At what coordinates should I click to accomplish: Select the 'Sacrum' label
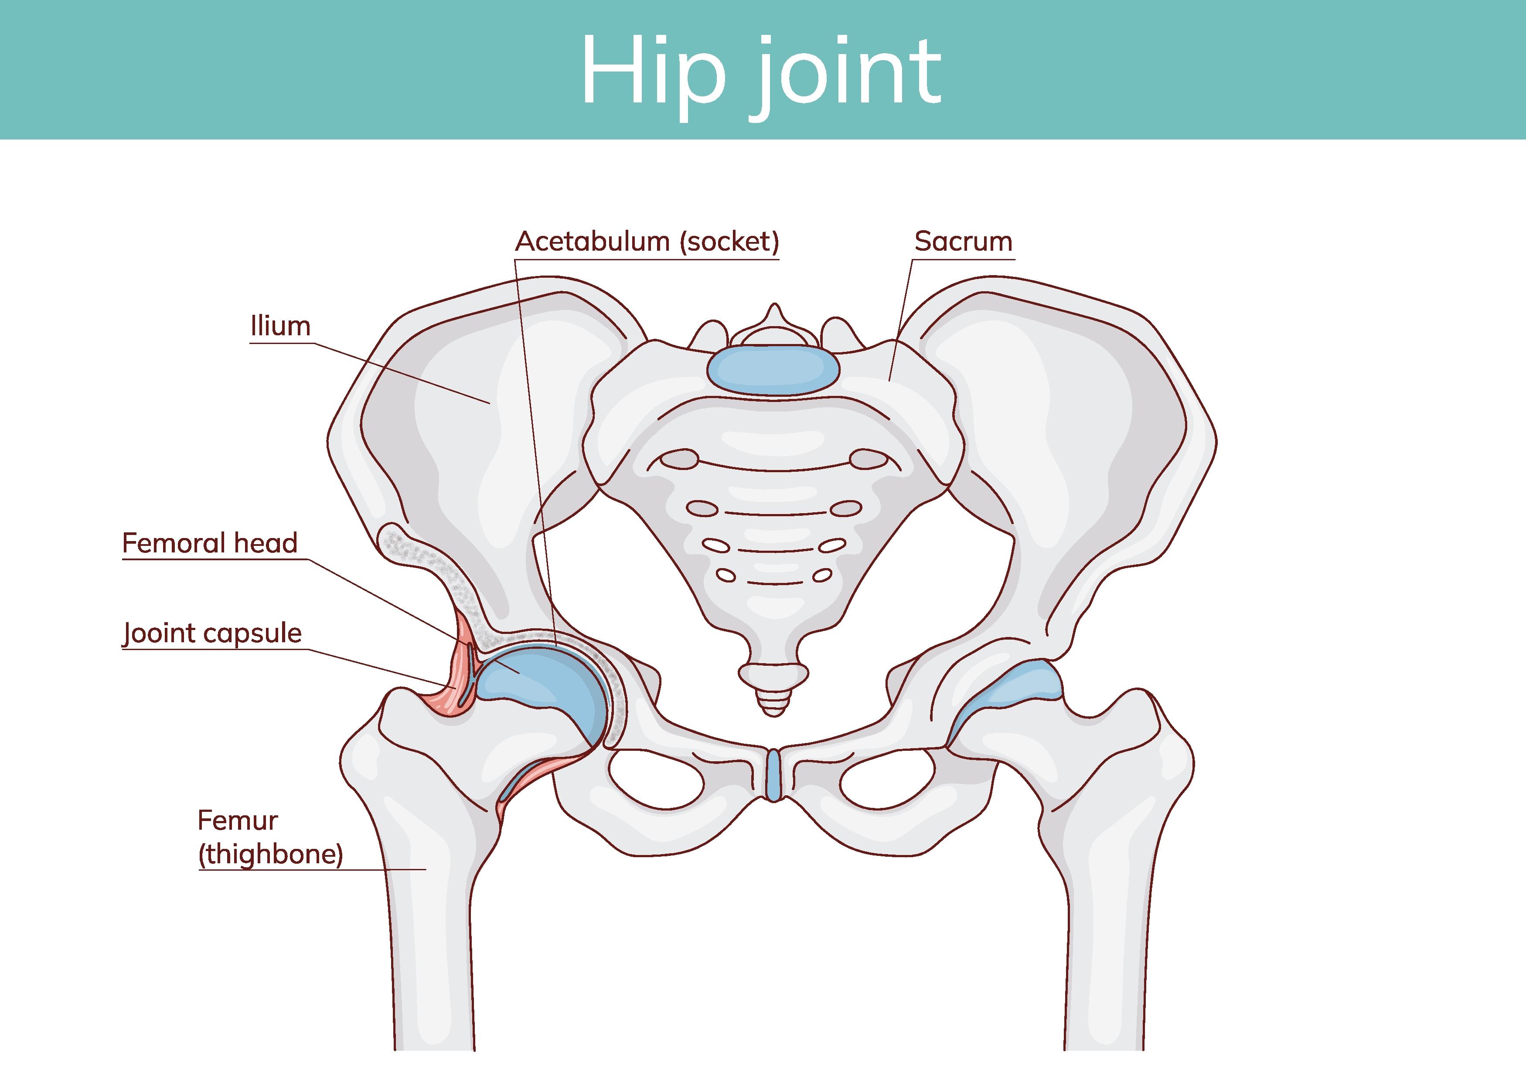click(x=963, y=242)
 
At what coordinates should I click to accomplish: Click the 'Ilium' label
click(x=280, y=327)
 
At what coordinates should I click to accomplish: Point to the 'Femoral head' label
click(x=209, y=543)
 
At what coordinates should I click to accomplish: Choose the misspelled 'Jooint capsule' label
click(x=212, y=633)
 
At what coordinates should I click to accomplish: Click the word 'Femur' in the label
click(x=238, y=820)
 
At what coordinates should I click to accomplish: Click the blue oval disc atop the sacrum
click(x=773, y=369)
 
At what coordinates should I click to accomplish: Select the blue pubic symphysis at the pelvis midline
click(x=774, y=774)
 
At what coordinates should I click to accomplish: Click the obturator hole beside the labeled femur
click(x=657, y=779)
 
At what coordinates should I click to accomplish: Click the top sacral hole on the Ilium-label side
click(x=680, y=459)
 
